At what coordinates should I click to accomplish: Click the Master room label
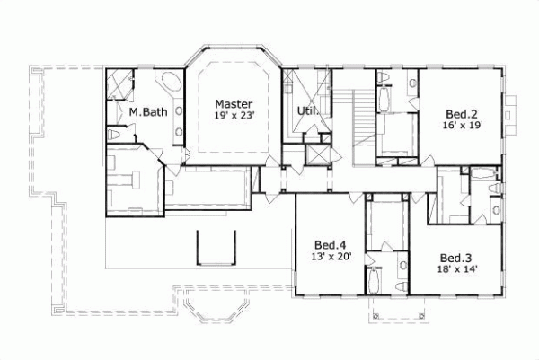click(x=233, y=104)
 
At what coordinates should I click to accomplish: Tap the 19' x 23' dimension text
click(x=233, y=116)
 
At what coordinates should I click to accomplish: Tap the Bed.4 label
click(x=331, y=244)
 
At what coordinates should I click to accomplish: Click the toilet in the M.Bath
click(x=114, y=134)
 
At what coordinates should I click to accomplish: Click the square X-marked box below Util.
click(x=318, y=152)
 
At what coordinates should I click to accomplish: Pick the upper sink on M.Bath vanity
click(x=177, y=111)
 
